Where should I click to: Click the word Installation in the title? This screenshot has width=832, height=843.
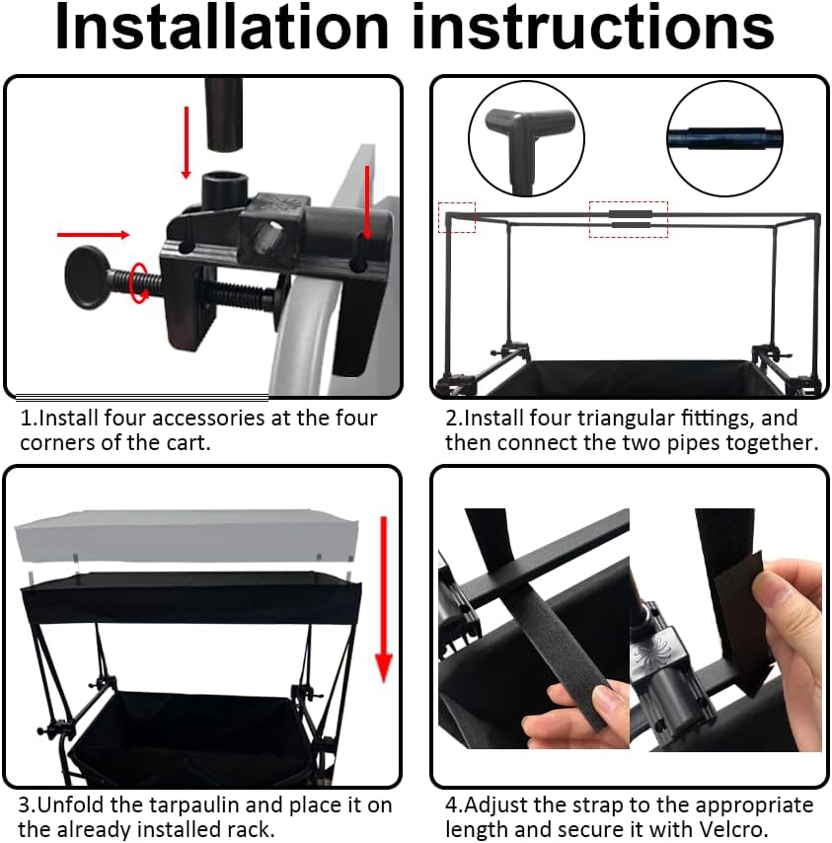[x=222, y=27]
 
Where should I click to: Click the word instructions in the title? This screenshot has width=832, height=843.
[x=593, y=27]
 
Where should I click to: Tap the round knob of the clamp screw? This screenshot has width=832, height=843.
[x=85, y=278]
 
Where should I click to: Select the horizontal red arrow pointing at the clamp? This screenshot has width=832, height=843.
[x=93, y=234]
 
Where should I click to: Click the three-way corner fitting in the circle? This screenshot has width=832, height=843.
[x=527, y=140]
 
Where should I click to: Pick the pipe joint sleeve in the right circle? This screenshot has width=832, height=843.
[x=725, y=137]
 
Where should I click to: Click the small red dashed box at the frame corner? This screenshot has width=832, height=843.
[x=457, y=218]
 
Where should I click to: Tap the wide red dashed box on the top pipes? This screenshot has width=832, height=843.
[x=629, y=219]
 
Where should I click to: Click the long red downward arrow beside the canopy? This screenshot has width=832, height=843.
[x=383, y=599]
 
